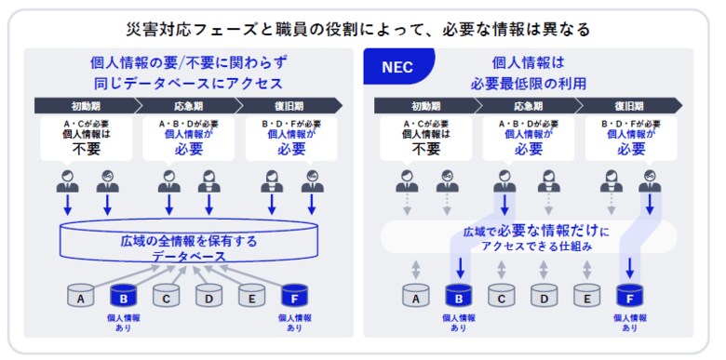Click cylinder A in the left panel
pyautogui.click(x=82, y=296)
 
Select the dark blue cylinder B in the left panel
pyautogui.click(x=124, y=296)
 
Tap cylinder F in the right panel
pyautogui.click(x=630, y=296)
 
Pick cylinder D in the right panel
pyautogui.click(x=544, y=296)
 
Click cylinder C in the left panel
pyautogui.click(x=166, y=296)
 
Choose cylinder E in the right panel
pyautogui.click(x=586, y=296)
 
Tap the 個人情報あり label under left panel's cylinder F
pyautogui.click(x=294, y=322)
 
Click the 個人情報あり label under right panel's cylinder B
pyautogui.click(x=459, y=322)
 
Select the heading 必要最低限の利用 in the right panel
pyautogui.click(x=541, y=82)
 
